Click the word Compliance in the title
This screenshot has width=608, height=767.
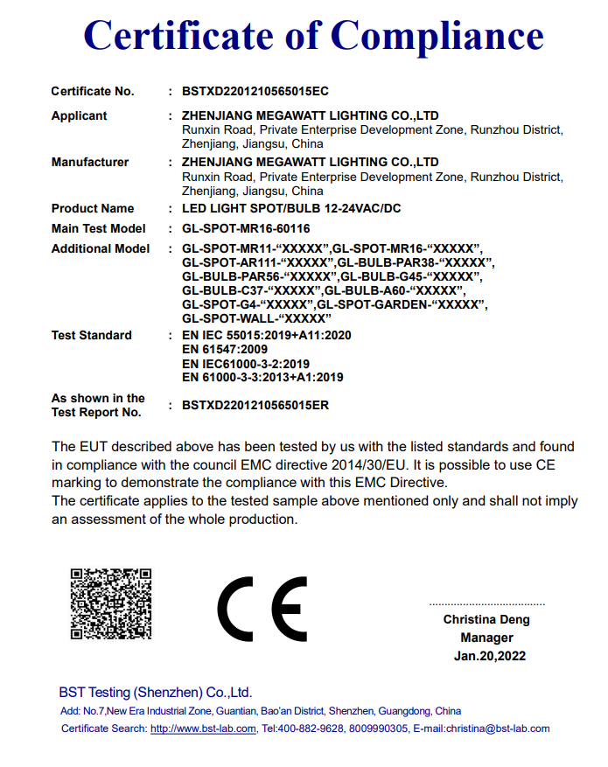438,36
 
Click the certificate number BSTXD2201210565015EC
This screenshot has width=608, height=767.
255,91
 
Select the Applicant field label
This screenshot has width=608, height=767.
79,115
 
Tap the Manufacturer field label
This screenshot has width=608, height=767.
89,162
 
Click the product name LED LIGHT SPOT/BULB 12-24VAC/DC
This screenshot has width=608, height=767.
292,208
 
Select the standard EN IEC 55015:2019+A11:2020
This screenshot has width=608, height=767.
266,335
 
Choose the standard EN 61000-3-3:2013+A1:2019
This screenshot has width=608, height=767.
262,378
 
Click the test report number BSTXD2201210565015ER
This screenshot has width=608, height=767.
255,405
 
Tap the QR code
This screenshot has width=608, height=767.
111,604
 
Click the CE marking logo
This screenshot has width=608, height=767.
262,609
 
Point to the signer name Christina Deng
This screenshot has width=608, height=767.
486,620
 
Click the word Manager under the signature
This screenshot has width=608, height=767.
487,638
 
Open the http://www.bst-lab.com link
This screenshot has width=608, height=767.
203,729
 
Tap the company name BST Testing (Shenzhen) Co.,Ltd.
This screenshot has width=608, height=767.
156,691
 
